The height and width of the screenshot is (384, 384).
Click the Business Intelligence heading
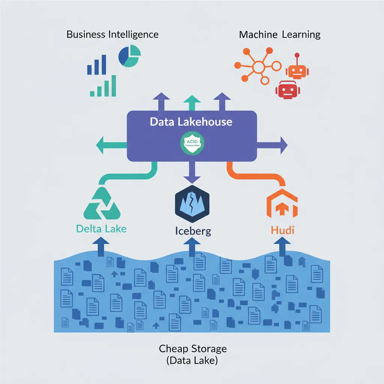[112, 35]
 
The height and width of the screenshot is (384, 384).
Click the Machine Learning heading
[280, 35]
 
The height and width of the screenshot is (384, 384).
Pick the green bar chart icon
[103, 87]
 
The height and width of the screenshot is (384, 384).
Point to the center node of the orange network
[259, 67]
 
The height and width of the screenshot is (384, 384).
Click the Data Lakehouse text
[191, 122]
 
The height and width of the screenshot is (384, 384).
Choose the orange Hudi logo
[282, 205]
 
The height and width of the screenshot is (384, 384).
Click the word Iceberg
[193, 231]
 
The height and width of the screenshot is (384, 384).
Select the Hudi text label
[282, 230]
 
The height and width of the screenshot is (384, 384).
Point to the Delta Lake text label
[101, 228]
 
